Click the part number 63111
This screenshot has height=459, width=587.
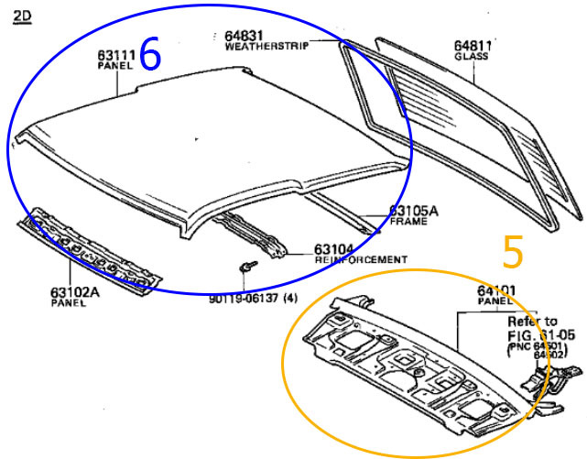[116, 54]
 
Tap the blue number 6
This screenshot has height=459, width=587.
[150, 56]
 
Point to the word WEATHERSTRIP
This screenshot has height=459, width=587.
[266, 46]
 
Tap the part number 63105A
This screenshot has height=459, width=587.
[414, 211]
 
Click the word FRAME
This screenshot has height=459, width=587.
[408, 222]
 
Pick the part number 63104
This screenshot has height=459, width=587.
[334, 248]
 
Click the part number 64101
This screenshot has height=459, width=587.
[495, 290]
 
